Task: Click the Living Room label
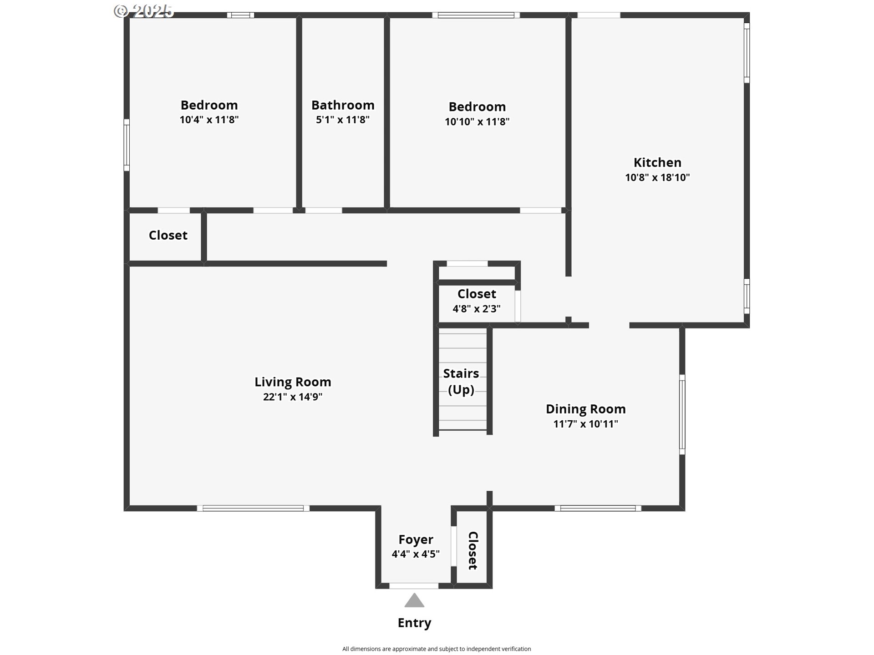click(x=293, y=382)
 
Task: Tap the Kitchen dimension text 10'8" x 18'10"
click(x=657, y=177)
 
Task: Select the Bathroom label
click(x=343, y=105)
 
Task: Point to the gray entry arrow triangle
click(x=414, y=600)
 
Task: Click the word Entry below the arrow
click(x=414, y=623)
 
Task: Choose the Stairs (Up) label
click(x=461, y=382)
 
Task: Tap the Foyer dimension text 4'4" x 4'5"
click(x=416, y=554)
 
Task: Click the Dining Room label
click(x=586, y=409)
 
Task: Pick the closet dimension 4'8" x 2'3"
click(x=477, y=309)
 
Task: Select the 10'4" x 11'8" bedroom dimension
click(x=209, y=120)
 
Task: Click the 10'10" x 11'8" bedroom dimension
click(x=477, y=121)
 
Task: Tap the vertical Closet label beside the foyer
click(x=473, y=550)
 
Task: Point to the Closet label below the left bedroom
click(x=168, y=235)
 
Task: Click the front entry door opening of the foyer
click(x=414, y=586)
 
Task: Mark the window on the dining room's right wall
click(x=682, y=414)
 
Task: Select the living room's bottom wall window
click(x=253, y=508)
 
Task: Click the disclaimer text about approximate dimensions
click(x=437, y=649)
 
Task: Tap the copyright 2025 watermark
click(x=144, y=11)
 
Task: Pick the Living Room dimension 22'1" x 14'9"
click(x=293, y=397)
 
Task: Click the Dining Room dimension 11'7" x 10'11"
click(x=586, y=424)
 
